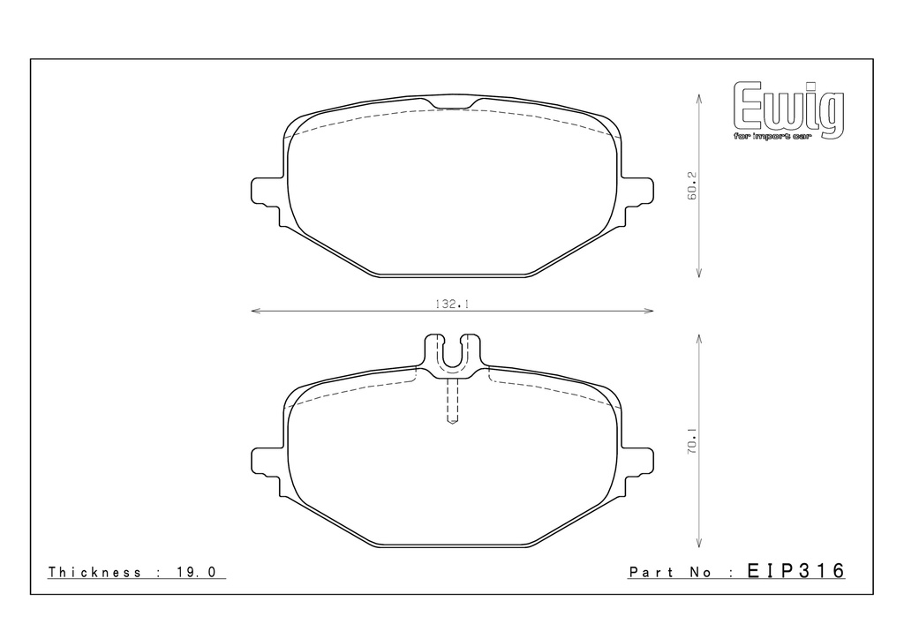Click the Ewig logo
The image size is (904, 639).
tap(788, 109)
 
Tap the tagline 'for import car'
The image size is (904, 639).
tap(772, 137)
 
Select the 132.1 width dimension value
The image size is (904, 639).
tap(452, 304)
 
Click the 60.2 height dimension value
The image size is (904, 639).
tap(692, 185)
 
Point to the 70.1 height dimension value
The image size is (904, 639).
tap(692, 440)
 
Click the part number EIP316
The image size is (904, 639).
tap(795, 571)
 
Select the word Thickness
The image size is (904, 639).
tap(94, 572)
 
